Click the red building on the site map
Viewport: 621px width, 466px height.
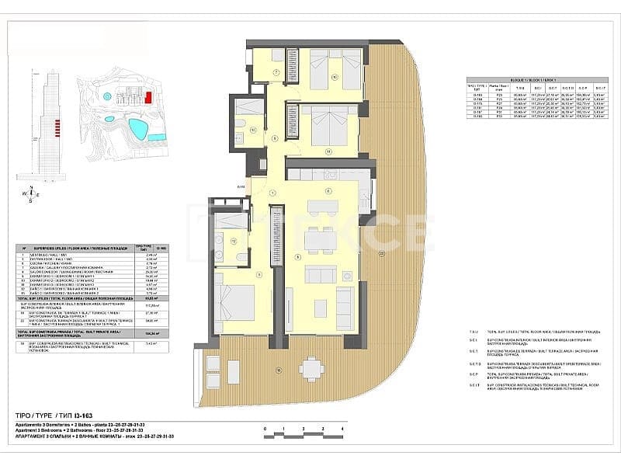(147, 98)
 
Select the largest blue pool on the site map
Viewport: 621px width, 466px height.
(137, 128)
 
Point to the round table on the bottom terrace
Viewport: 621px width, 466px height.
(312, 367)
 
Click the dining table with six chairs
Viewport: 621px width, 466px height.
(320, 240)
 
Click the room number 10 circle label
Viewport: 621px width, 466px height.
(335, 77)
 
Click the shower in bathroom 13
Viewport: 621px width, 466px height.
(248, 107)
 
